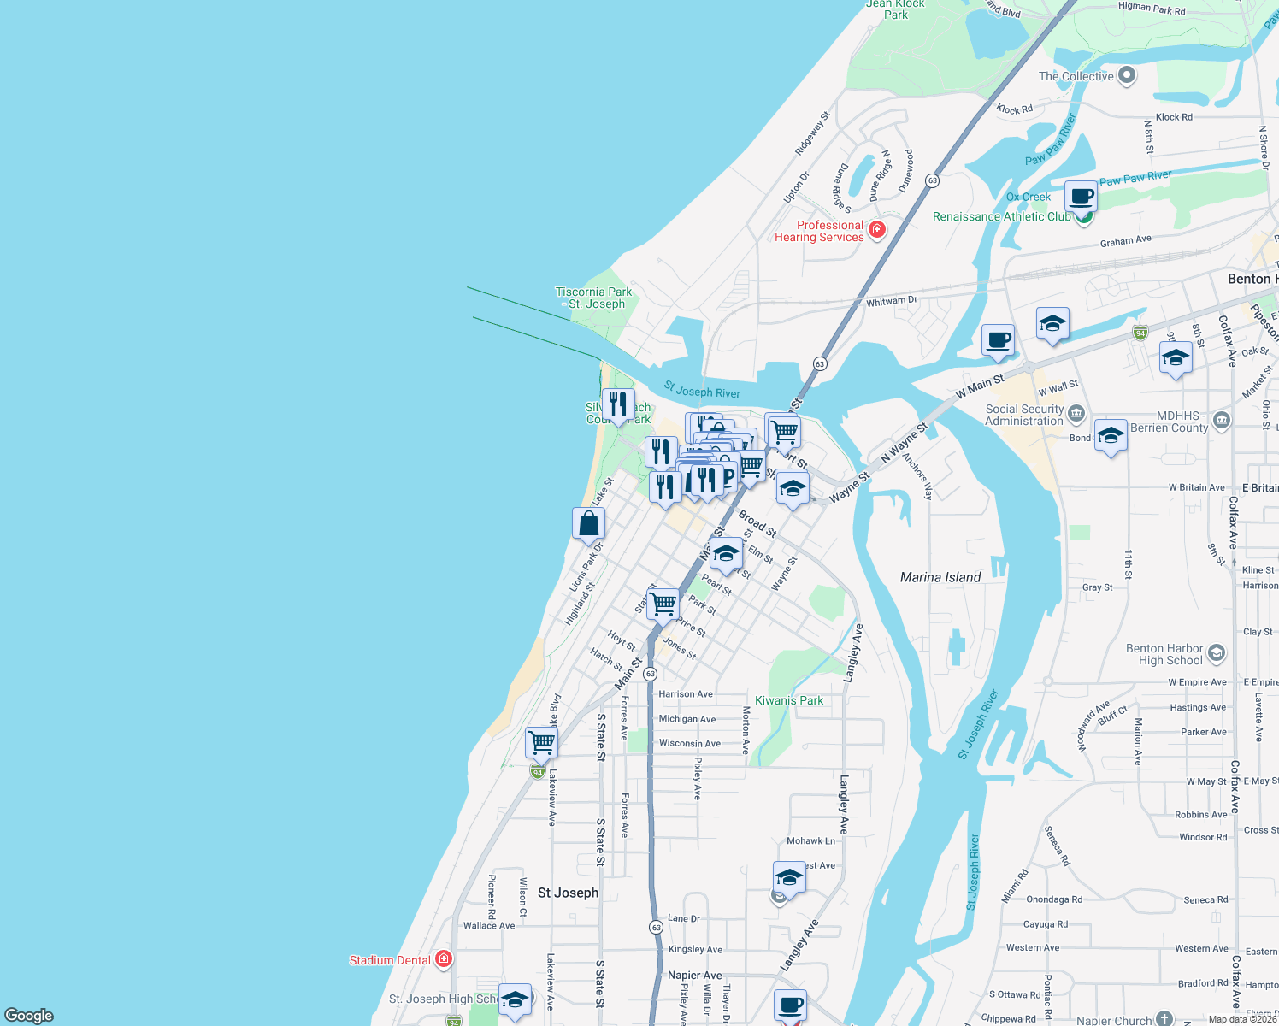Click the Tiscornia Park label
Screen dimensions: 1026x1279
[594, 298]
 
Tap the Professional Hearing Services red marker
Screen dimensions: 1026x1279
[876, 229]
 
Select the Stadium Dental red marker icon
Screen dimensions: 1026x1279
[443, 959]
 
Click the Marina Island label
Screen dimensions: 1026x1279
[940, 577]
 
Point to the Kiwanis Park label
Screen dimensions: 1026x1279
[789, 700]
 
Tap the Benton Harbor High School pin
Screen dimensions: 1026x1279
[1217, 654]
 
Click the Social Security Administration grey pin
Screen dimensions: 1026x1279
[1076, 414]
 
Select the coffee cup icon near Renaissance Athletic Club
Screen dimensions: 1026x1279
[1081, 197]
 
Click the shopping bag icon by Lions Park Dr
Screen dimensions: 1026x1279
[588, 523]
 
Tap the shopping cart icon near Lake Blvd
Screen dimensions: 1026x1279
[541, 742]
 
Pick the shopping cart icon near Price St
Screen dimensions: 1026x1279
[663, 604]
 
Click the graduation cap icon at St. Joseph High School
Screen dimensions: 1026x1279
[515, 999]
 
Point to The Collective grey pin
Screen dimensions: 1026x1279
[1127, 75]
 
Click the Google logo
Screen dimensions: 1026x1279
[29, 1015]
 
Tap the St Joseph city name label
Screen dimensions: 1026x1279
[569, 893]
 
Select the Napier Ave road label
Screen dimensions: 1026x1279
[694, 975]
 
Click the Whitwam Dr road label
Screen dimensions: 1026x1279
[891, 301]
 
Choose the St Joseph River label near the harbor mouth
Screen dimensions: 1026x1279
[702, 391]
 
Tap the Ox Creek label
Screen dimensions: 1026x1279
[1029, 197]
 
